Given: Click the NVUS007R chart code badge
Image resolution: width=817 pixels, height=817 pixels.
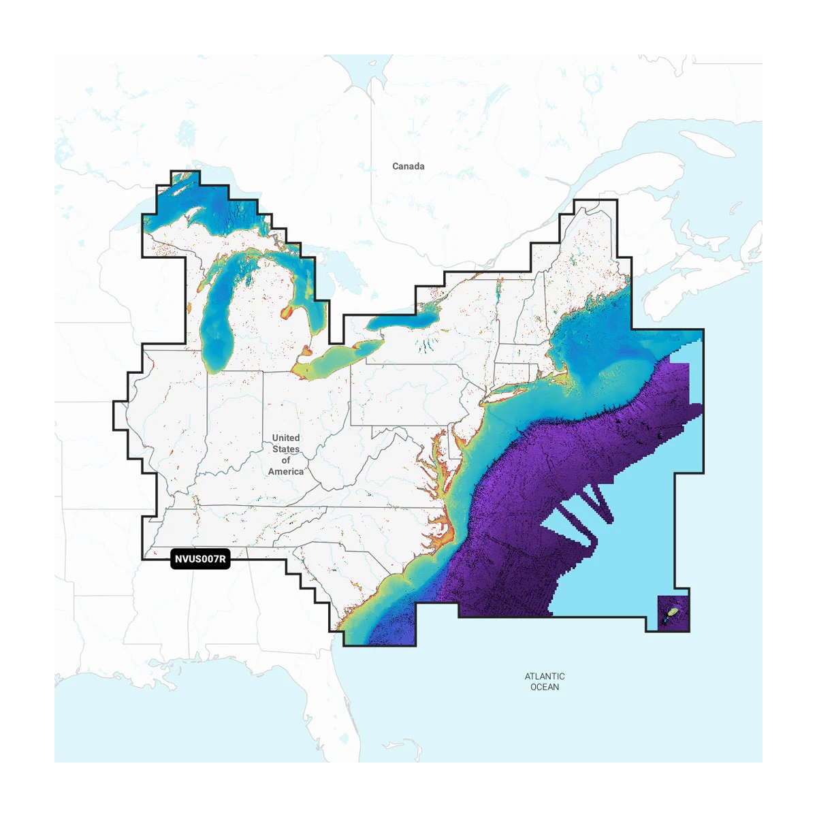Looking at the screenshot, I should tap(200, 560).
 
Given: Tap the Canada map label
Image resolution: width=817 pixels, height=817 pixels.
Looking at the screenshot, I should tap(408, 166).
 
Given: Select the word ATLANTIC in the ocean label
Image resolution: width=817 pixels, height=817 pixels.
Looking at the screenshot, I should tap(545, 676).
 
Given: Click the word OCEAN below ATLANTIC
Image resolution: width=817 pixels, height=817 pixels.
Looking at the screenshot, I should tap(545, 687).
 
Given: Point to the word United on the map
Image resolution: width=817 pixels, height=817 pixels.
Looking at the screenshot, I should tap(286, 438).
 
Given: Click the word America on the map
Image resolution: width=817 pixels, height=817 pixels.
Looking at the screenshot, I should tap(286, 471).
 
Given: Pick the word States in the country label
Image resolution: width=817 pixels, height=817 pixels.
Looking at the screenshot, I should tap(286, 449).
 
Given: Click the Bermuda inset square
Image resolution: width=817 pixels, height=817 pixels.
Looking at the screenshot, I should tap(673, 613).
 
